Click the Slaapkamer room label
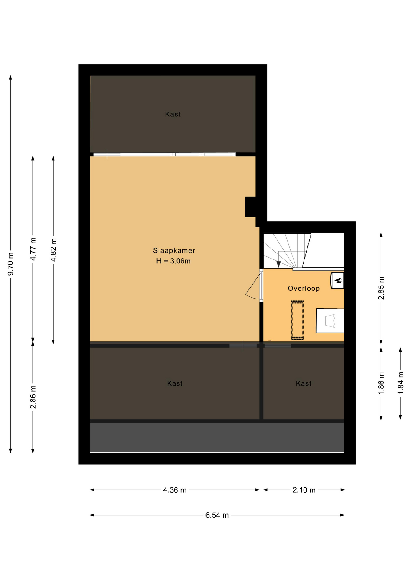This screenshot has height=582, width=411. (x=174, y=250)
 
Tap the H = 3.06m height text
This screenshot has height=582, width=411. (x=173, y=261)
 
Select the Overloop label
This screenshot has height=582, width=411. (x=304, y=288)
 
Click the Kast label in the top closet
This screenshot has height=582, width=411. (x=173, y=114)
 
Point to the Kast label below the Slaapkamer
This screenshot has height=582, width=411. (x=175, y=383)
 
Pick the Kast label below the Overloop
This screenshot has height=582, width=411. (x=304, y=383)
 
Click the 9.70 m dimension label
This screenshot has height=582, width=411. (x=11, y=264)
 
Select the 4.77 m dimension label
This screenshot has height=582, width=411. (x=33, y=249)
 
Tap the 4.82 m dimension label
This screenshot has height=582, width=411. (x=54, y=250)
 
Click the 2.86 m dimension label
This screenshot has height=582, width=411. (x=33, y=397)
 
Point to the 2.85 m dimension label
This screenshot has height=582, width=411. (x=381, y=288)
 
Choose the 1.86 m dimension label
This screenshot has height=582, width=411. (x=381, y=383)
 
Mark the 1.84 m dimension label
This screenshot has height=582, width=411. (x=400, y=383)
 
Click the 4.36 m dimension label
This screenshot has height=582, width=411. (x=175, y=490)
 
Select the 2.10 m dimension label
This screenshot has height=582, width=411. (x=304, y=490)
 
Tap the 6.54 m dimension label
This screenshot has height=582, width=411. (x=217, y=515)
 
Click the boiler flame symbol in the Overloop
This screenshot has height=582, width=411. (x=338, y=280)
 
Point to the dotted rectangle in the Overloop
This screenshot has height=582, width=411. (x=297, y=320)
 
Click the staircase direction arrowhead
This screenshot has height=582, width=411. (x=278, y=264)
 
